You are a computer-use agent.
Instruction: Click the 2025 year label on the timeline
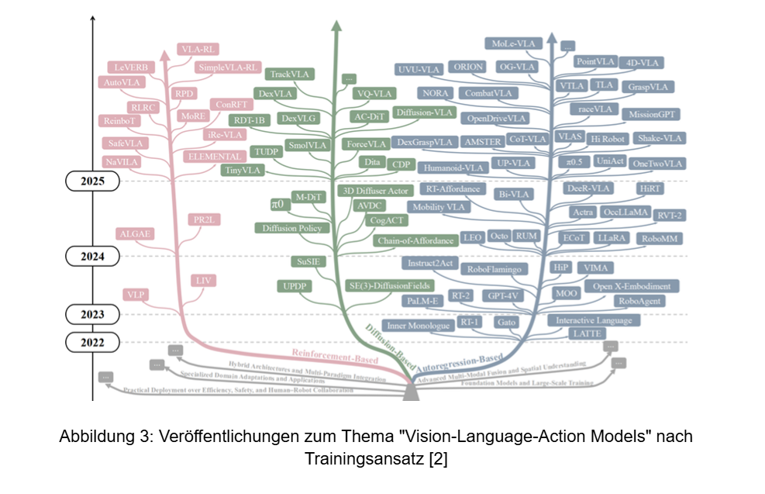[x=91, y=181]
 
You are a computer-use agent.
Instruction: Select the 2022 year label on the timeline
[x=91, y=342]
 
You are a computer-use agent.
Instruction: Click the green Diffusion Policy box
[x=293, y=228]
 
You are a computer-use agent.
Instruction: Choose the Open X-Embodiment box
[x=632, y=286]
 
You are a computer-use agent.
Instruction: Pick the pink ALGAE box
[x=134, y=233]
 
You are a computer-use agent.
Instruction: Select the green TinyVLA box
[x=243, y=169]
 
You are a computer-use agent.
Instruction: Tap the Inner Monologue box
[x=419, y=326]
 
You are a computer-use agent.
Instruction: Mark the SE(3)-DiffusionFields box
[x=388, y=285]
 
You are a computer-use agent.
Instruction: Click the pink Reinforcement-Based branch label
[x=334, y=358]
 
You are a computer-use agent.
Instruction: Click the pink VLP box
[x=136, y=294]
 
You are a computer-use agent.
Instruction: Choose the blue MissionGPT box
[x=653, y=114]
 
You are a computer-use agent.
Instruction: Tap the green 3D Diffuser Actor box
[x=375, y=191]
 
